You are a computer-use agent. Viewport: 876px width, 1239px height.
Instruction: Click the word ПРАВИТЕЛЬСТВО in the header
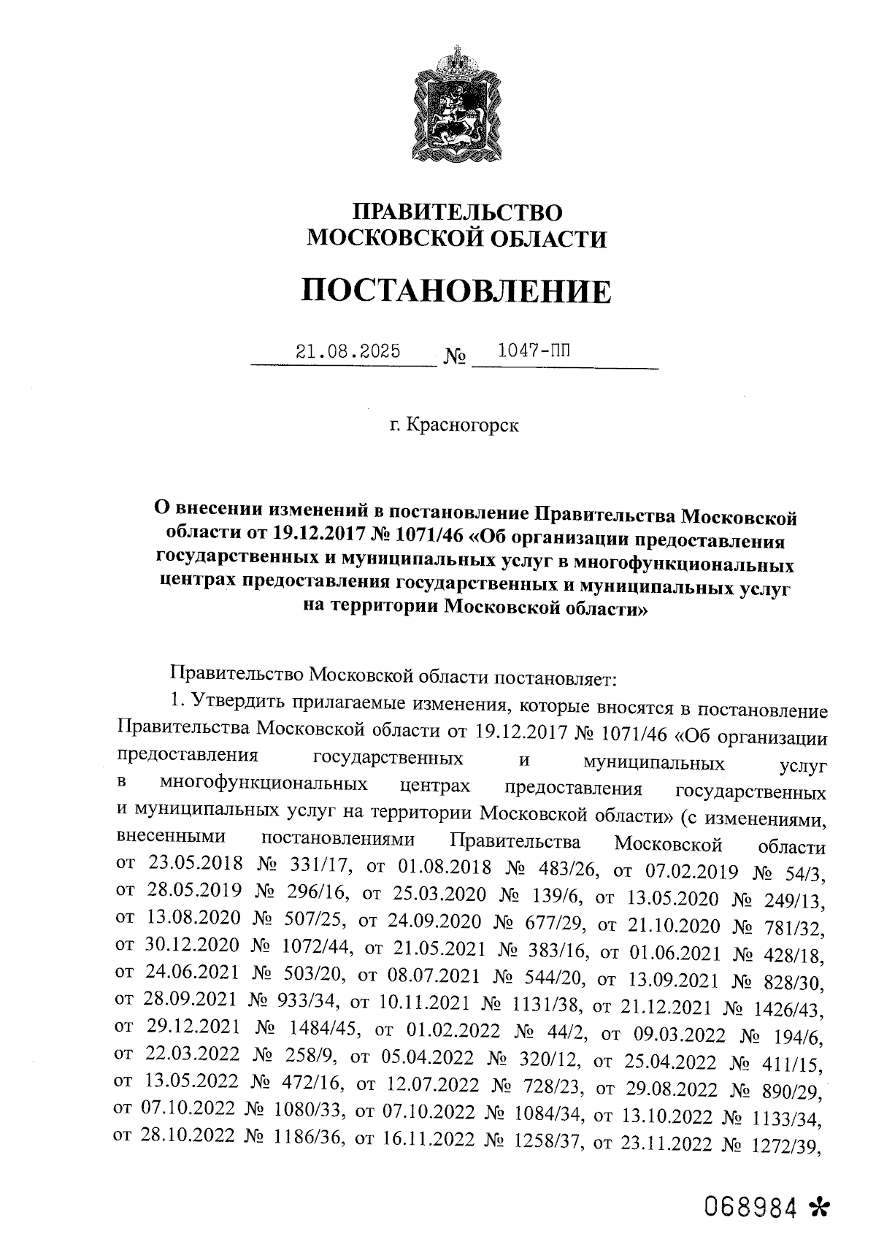[x=458, y=212]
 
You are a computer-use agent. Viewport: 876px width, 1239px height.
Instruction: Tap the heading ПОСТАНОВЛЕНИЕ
[x=457, y=291]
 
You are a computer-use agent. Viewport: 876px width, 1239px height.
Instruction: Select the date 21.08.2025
[x=348, y=351]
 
